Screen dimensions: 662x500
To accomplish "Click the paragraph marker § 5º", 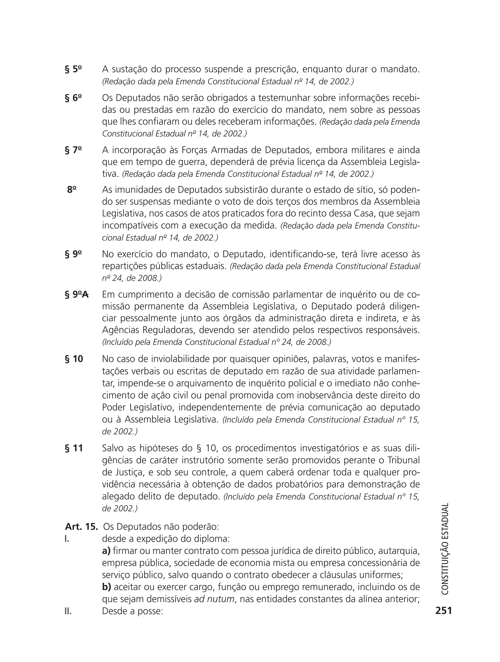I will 73,69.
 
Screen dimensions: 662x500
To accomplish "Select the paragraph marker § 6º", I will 73,98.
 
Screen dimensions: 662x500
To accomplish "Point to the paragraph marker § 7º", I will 73,150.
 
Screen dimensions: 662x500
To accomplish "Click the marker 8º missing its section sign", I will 72,190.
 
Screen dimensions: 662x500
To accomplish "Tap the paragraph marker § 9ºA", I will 77,295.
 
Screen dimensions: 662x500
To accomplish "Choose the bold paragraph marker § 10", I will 74,359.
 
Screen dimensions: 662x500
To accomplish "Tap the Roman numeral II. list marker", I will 68,611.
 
